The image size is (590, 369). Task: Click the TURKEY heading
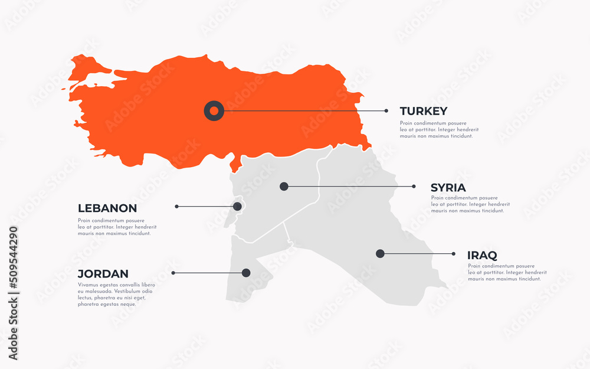(423, 111)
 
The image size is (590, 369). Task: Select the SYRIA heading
(448, 188)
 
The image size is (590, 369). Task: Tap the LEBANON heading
(107, 208)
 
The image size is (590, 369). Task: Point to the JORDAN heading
(103, 274)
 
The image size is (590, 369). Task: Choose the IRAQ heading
(482, 256)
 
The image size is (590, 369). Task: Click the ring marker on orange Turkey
(214, 110)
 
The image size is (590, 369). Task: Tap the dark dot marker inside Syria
(284, 187)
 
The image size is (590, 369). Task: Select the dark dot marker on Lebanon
(237, 207)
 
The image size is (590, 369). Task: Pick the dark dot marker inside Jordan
(246, 273)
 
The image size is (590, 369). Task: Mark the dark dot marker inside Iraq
(380, 254)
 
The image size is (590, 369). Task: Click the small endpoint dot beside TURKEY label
(386, 110)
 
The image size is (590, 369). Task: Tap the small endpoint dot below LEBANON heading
(176, 207)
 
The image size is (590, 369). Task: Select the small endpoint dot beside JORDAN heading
(173, 273)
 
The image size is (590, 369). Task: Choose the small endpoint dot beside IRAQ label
(454, 254)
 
